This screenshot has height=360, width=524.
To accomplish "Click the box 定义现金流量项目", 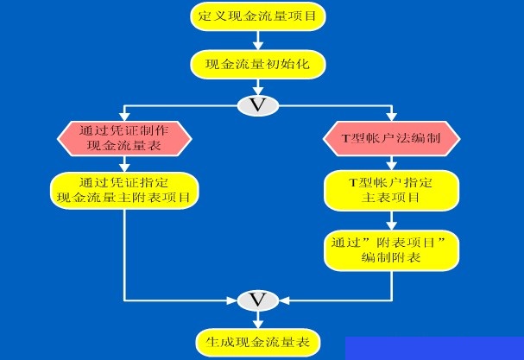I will (256, 16).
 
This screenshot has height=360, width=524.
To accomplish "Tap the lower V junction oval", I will (256, 299).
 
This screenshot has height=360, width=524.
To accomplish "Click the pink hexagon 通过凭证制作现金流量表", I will (124, 139).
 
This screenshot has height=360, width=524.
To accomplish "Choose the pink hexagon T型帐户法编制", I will (391, 139).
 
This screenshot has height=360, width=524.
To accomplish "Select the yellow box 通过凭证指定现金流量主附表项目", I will (125, 191).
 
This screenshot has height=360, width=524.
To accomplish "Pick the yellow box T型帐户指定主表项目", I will (391, 191).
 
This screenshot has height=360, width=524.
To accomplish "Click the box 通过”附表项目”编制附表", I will (391, 249).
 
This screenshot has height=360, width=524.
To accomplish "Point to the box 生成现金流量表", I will (256, 340).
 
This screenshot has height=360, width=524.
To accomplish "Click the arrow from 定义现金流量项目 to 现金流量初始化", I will (256, 40).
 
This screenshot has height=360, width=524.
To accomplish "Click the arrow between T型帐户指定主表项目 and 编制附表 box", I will (391, 220).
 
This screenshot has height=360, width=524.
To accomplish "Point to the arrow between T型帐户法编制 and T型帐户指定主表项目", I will (391, 164).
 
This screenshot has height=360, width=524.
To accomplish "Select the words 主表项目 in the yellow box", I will (391, 199).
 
